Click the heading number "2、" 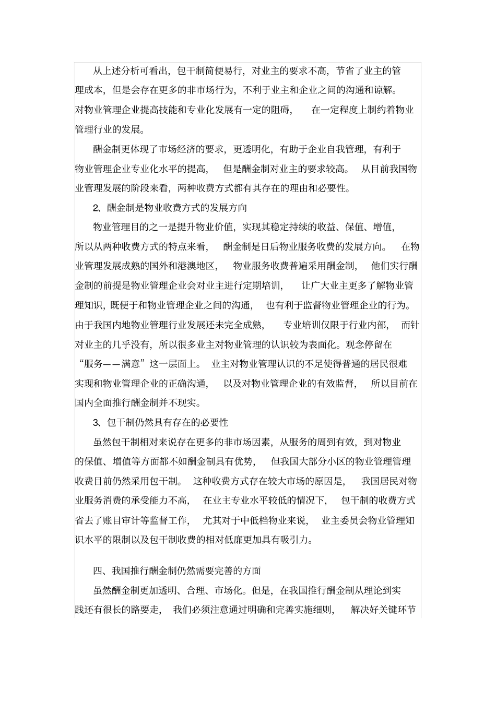(x=98, y=208)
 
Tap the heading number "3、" (x=98, y=422)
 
